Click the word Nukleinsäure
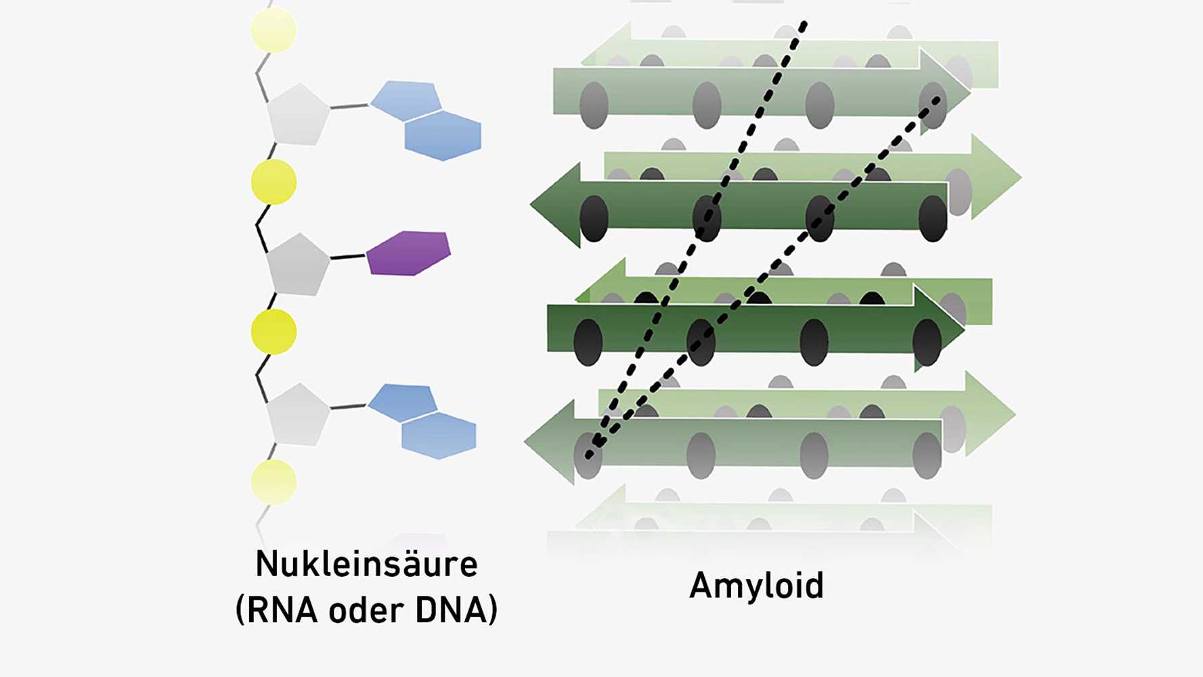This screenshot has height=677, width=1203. [366, 565]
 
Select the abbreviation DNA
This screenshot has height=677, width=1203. [451, 610]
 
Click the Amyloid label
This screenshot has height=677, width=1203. [756, 586]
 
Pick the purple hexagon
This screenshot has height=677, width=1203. [409, 253]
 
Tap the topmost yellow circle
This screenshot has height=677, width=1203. [274, 30]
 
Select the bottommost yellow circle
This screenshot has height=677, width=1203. [274, 482]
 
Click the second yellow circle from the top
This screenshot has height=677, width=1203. [274, 182]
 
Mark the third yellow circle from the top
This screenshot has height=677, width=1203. [274, 332]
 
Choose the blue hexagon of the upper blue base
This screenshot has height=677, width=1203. [443, 135]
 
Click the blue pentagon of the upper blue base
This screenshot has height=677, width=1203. [405, 100]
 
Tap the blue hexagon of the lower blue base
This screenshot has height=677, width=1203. [439, 435]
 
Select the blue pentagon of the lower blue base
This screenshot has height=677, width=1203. [402, 402]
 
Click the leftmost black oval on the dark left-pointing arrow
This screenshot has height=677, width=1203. [594, 218]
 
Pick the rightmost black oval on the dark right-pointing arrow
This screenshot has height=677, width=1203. [927, 343]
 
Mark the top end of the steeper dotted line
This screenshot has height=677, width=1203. [804, 24]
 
